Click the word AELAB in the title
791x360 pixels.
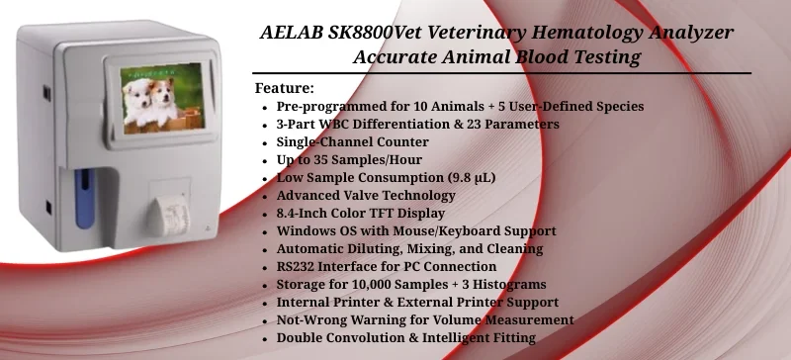pos(296,33)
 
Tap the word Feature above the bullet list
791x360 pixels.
pos(283,88)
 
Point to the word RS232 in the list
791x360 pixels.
pos(301,266)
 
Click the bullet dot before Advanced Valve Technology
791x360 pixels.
pos(263,196)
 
